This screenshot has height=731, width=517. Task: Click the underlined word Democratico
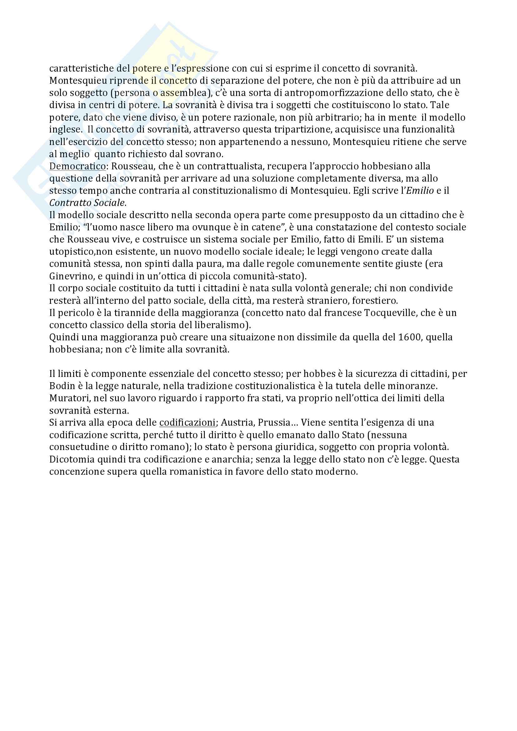click(77, 166)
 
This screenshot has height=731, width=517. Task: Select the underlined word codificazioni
click(187, 423)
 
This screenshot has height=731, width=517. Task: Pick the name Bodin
click(60, 386)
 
